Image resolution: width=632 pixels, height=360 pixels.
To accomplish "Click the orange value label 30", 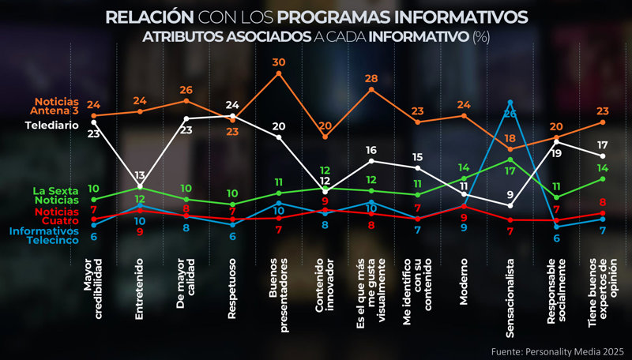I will click(279, 62).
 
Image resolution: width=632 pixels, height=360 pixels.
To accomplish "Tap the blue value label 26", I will click(510, 114).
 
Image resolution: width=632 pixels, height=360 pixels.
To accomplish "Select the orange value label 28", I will click(372, 79).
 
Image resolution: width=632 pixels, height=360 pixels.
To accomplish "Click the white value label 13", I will click(140, 175).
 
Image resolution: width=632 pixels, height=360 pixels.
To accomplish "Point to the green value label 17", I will click(510, 171).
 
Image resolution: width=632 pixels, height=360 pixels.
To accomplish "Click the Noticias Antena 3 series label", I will click(56, 106).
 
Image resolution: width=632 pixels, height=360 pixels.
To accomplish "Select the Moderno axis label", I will click(464, 280).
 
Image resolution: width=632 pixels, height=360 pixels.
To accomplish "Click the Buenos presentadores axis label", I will click(279, 284).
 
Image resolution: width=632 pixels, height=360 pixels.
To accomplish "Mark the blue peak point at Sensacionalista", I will click(510, 102).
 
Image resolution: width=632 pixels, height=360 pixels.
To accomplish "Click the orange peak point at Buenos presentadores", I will click(279, 73).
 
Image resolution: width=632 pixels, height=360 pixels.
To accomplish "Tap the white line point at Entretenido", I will click(140, 186).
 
